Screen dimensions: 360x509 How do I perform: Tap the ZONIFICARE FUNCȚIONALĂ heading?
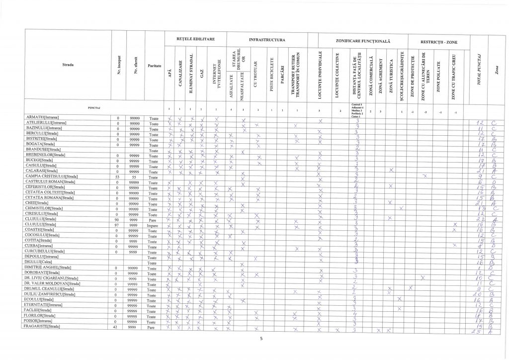pyautogui.click(x=360, y=39)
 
